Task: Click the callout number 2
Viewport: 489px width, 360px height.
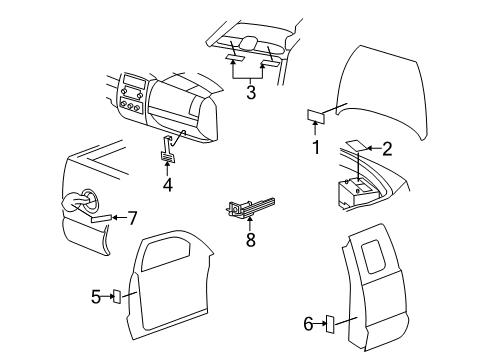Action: coord(388,149)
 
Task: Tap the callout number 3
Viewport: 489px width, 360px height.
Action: coord(251,94)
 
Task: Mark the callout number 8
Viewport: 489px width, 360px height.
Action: coord(250,240)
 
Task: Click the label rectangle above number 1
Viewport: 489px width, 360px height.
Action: coord(315,116)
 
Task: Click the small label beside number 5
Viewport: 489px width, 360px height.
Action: coord(117,296)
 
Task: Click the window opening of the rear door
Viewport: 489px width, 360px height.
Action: coord(375,262)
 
